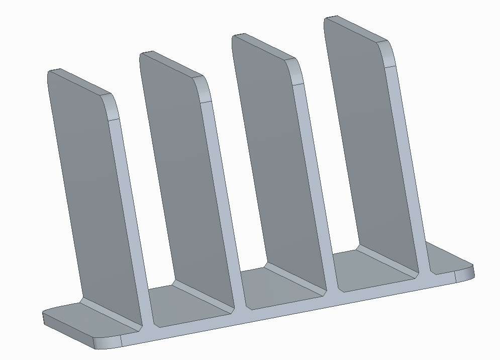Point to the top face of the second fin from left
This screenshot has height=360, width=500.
pyautogui.click(x=171, y=64)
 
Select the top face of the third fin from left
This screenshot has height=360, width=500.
pyautogui.click(x=263, y=46)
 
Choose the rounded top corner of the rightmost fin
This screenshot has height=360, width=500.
pyautogui.click(x=389, y=53)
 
